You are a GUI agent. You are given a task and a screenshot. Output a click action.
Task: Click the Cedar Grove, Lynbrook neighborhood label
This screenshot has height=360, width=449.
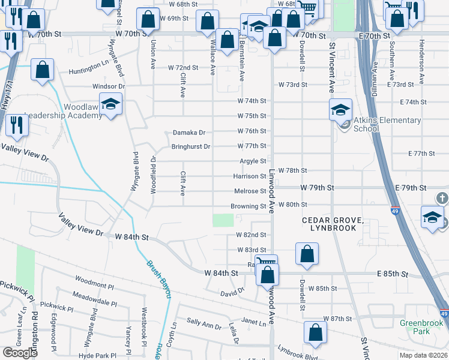[333, 224]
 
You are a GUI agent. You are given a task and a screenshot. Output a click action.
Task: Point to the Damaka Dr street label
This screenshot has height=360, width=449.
[189, 132]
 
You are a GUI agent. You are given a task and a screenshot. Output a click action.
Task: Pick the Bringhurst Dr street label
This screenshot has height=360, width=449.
[191, 146]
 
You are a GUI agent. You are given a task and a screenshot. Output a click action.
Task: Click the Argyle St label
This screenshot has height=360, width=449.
[253, 161]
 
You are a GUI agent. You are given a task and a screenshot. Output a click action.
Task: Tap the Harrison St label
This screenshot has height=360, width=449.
[250, 176]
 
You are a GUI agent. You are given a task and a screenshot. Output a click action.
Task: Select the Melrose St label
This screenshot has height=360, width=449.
[250, 191]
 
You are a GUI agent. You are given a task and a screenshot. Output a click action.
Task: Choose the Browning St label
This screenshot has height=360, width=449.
[249, 206]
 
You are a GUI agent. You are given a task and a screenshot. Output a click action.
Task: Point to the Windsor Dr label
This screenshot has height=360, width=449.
[108, 86]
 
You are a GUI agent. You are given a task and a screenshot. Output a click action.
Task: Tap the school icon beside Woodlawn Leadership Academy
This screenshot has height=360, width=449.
[111, 106]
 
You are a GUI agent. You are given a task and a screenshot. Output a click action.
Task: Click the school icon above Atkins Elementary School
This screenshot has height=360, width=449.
[340, 110]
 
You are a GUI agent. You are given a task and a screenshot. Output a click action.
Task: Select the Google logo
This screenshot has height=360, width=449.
[20, 353]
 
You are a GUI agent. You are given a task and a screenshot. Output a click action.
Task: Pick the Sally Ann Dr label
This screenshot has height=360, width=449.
[203, 325]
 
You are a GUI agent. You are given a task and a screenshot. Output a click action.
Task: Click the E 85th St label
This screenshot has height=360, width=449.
[393, 274]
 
